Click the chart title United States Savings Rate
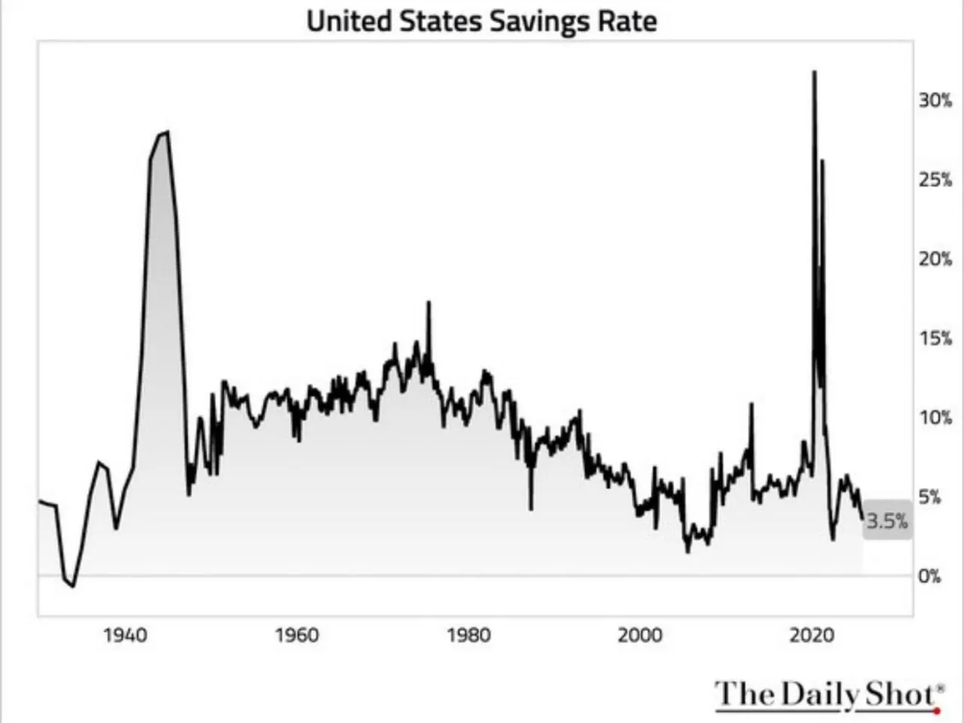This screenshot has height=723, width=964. (481, 20)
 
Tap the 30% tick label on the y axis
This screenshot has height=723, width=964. (935, 100)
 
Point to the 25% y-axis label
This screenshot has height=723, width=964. (935, 180)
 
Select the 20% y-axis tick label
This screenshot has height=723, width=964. (935, 259)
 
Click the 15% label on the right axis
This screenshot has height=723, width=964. (935, 339)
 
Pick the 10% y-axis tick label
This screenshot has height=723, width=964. (935, 418)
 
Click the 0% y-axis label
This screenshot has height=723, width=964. (929, 576)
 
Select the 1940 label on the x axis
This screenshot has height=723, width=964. (125, 636)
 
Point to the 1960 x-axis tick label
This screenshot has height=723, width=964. (297, 636)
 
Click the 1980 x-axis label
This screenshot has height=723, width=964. (468, 636)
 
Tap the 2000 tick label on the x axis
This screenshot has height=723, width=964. (640, 636)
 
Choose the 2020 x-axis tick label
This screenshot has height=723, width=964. (812, 636)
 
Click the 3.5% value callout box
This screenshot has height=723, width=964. (886, 520)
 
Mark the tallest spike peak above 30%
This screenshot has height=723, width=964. (814, 72)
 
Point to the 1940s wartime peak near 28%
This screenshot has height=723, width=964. (166, 133)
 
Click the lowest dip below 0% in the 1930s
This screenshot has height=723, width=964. (73, 586)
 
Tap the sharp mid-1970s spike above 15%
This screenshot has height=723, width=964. (429, 303)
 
